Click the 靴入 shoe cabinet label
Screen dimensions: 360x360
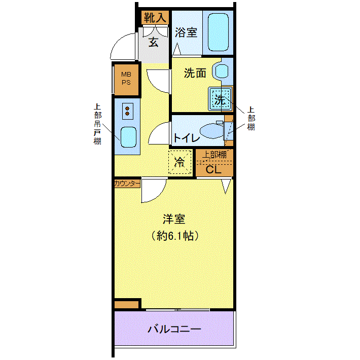[155, 17]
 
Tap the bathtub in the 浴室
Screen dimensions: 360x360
[218, 32]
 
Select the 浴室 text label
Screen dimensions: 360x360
[186, 32]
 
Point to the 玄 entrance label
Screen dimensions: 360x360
[153, 42]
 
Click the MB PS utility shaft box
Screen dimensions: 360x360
[126, 79]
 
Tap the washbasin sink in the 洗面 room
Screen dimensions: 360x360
[221, 71]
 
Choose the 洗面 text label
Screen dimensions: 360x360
[195, 73]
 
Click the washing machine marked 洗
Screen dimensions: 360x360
[220, 99]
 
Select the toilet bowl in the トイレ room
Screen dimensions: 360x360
[212, 131]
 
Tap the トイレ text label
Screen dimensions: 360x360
[187, 138]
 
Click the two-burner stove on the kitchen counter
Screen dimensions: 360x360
[128, 111]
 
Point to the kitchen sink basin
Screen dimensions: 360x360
[129, 137]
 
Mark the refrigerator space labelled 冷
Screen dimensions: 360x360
[180, 162]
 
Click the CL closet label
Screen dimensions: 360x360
[213, 170]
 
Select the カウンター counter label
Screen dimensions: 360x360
[127, 184]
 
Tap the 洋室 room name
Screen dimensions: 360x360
[174, 219]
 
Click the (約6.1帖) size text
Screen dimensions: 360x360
[174, 236]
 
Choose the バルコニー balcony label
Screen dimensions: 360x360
[174, 329]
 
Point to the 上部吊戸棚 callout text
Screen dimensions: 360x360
[97, 124]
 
